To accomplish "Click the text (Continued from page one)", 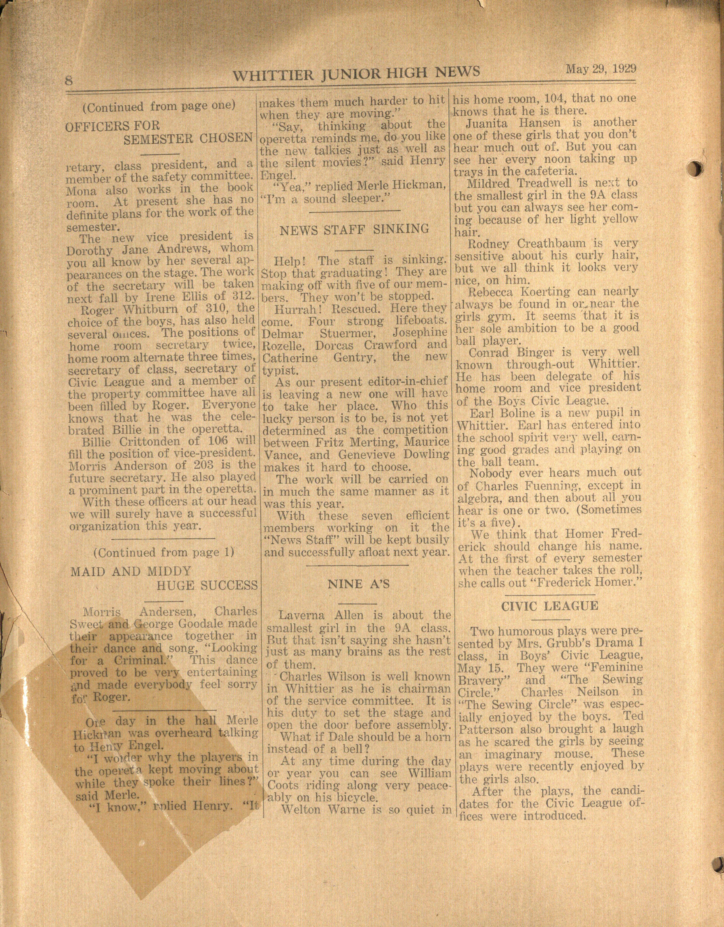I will (x=159, y=106).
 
